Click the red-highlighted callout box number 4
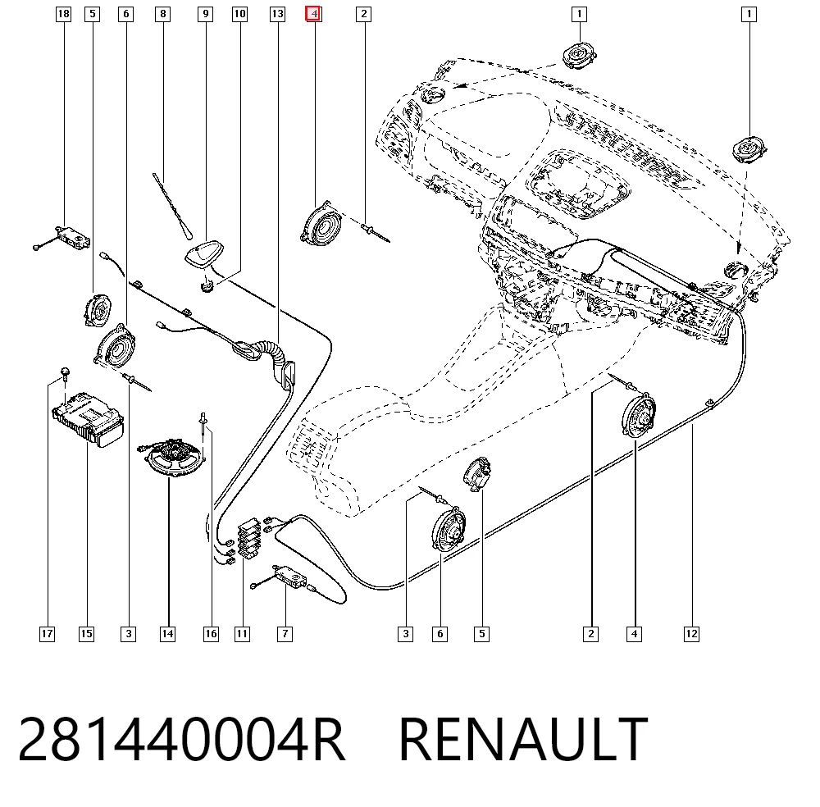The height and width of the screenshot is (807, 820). (313, 14)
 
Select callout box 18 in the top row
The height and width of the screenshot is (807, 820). (63, 14)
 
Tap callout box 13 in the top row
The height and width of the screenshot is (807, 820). (277, 14)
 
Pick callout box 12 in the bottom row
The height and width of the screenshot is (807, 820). (691, 634)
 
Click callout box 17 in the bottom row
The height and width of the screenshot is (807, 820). (47, 634)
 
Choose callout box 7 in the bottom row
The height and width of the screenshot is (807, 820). (285, 634)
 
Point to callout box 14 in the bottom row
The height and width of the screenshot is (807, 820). (167, 634)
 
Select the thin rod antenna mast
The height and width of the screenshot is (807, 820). (172, 206)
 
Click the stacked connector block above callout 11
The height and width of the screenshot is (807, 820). (249, 539)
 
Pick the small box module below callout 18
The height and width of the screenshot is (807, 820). (71, 236)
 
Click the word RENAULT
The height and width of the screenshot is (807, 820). (523, 739)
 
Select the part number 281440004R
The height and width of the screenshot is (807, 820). (181, 739)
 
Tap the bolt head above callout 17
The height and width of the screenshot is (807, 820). (66, 372)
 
